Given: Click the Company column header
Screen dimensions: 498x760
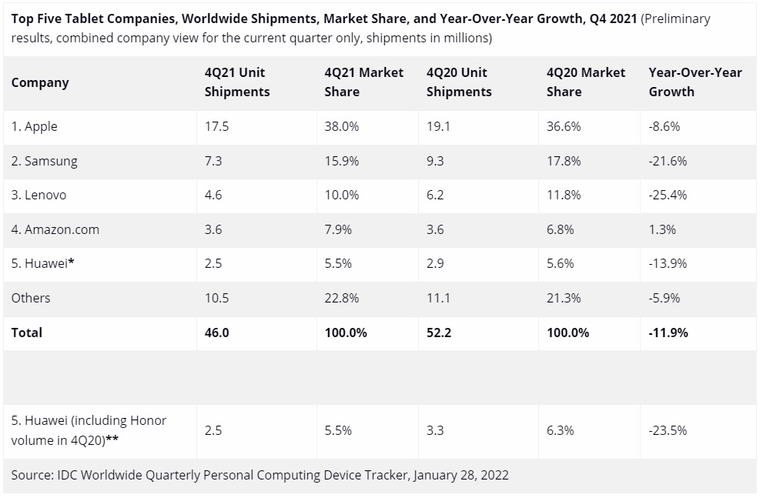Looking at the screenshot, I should tap(40, 82).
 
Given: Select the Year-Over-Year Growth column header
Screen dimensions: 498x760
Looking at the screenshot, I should tap(695, 82).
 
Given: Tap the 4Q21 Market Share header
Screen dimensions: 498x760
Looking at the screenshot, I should tap(363, 82).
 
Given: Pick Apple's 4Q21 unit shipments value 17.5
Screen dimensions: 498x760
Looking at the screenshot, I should tap(216, 126).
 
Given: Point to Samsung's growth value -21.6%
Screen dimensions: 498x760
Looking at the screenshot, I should tap(668, 161).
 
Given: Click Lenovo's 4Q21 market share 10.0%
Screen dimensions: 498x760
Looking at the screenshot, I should tap(342, 195).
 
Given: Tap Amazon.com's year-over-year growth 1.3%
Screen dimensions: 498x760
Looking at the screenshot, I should tap(663, 229).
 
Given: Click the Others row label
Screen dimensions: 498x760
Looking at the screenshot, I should tap(31, 298).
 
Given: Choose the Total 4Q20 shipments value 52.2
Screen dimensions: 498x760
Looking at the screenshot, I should tap(439, 333).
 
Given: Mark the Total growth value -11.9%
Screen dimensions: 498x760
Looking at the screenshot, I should tap(668, 333).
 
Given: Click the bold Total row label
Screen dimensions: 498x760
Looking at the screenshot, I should tap(27, 333).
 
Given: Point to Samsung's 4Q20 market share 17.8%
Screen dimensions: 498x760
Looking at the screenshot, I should tap(564, 161).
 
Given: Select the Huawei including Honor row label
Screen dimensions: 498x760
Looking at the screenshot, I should tap(89, 430).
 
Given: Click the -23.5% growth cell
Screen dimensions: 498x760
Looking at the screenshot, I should tap(668, 430).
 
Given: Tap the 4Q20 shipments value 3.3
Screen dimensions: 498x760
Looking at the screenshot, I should tap(435, 430).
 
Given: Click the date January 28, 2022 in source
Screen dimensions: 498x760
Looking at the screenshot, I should tap(460, 475).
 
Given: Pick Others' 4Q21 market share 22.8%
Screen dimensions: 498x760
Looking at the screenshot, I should tap(342, 298).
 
